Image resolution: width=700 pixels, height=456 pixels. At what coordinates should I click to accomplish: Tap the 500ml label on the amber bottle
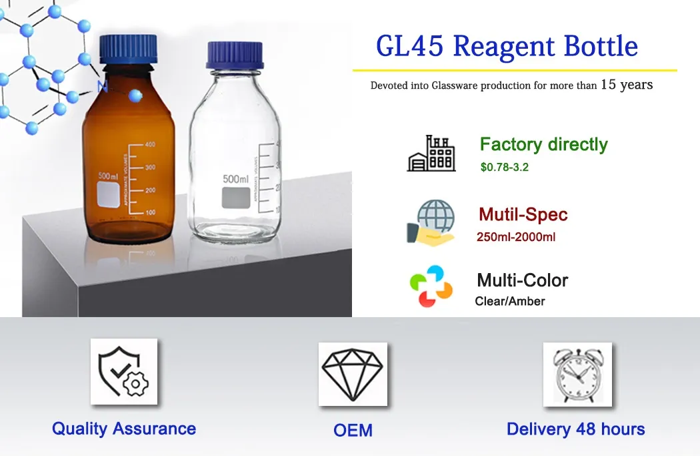(108, 176)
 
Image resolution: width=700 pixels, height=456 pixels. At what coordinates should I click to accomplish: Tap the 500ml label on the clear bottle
(235, 179)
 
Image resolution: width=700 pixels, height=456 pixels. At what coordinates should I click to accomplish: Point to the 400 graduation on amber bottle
(150, 144)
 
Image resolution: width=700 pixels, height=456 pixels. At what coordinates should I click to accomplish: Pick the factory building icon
(431, 154)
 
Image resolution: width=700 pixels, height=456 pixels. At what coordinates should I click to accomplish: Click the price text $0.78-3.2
(504, 167)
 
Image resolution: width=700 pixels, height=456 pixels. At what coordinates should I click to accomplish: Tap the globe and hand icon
(431, 222)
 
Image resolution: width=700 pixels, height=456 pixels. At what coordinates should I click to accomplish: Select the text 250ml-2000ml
(516, 237)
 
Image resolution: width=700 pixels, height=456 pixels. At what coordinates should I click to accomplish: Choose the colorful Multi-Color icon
(431, 286)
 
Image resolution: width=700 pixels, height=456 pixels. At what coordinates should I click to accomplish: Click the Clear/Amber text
(510, 301)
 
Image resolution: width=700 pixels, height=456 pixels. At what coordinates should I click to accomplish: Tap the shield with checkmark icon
(124, 371)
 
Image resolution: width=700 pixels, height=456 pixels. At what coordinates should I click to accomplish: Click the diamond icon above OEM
(352, 375)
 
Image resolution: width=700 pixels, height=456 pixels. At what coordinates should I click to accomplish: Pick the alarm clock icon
(577, 375)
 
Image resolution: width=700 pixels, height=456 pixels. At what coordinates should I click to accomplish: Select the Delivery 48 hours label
(575, 429)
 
